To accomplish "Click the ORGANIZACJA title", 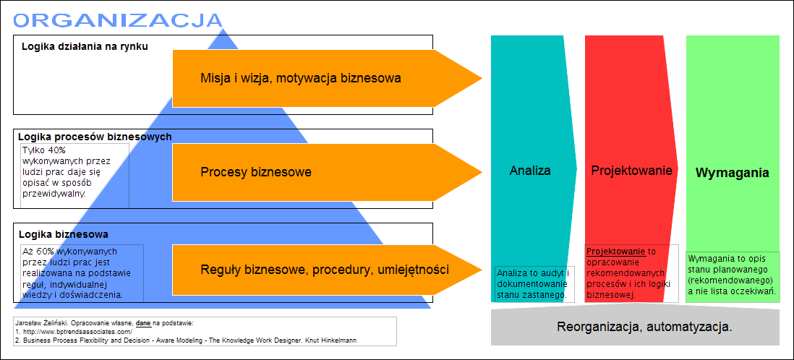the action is point(117,20).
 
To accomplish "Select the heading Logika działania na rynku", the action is point(85,46).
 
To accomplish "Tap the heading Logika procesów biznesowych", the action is point(95,137).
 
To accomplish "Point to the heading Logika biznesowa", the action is point(64,234).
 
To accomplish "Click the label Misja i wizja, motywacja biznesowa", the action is point(301,78).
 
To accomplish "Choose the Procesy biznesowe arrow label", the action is point(256,172).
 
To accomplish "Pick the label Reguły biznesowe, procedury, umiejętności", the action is point(325,270).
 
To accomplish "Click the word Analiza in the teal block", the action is point(529,170).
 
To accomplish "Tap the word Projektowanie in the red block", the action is point(631,170).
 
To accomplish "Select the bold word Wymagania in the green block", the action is point(733,173).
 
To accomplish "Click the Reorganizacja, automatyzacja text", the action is point(644,327).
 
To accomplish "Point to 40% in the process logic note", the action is point(57,150).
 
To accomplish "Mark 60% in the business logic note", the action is point(45,251).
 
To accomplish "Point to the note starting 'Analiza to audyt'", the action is point(534,283).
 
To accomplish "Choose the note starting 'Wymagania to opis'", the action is point(732,274).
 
